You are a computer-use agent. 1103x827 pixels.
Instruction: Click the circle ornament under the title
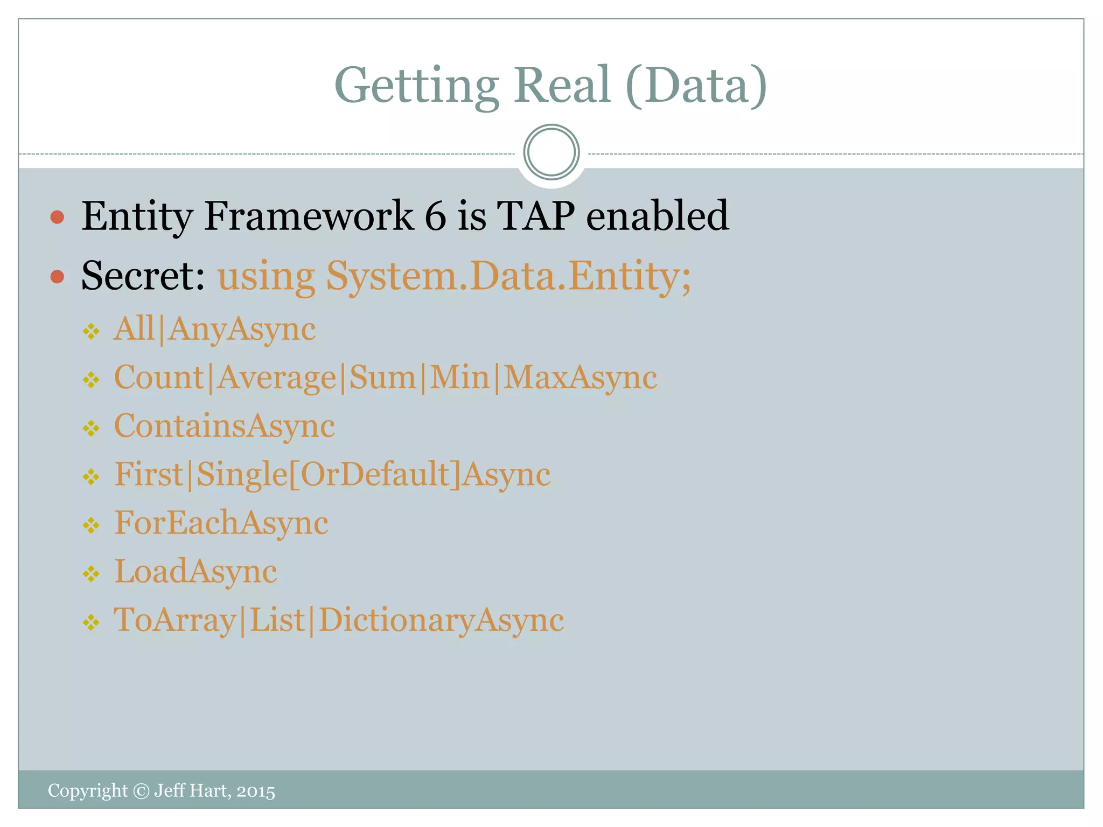click(551, 152)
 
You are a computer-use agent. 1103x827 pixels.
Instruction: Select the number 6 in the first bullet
click(435, 216)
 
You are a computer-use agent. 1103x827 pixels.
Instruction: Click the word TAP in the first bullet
click(536, 216)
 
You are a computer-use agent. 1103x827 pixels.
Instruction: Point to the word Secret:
click(143, 276)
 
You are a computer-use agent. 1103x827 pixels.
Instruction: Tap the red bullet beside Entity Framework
click(57, 217)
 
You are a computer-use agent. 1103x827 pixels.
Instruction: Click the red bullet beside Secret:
click(57, 277)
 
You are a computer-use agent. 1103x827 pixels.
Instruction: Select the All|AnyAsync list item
click(214, 329)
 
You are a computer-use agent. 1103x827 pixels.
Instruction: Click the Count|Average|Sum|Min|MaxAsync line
click(385, 377)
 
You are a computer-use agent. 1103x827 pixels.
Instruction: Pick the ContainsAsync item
click(224, 426)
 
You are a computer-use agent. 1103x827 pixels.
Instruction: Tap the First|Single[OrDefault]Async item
click(332, 474)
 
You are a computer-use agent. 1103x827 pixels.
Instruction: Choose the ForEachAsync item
click(221, 523)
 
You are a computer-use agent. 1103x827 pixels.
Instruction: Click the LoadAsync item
click(196, 571)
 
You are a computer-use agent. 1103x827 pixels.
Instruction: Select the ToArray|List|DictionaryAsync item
click(339, 620)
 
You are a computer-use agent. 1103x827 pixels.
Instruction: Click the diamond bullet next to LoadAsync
click(91, 574)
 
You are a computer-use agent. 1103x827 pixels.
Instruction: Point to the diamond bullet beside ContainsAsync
click(91, 429)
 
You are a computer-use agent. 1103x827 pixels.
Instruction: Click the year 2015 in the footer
click(256, 791)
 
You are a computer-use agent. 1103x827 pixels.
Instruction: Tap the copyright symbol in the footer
click(141, 791)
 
